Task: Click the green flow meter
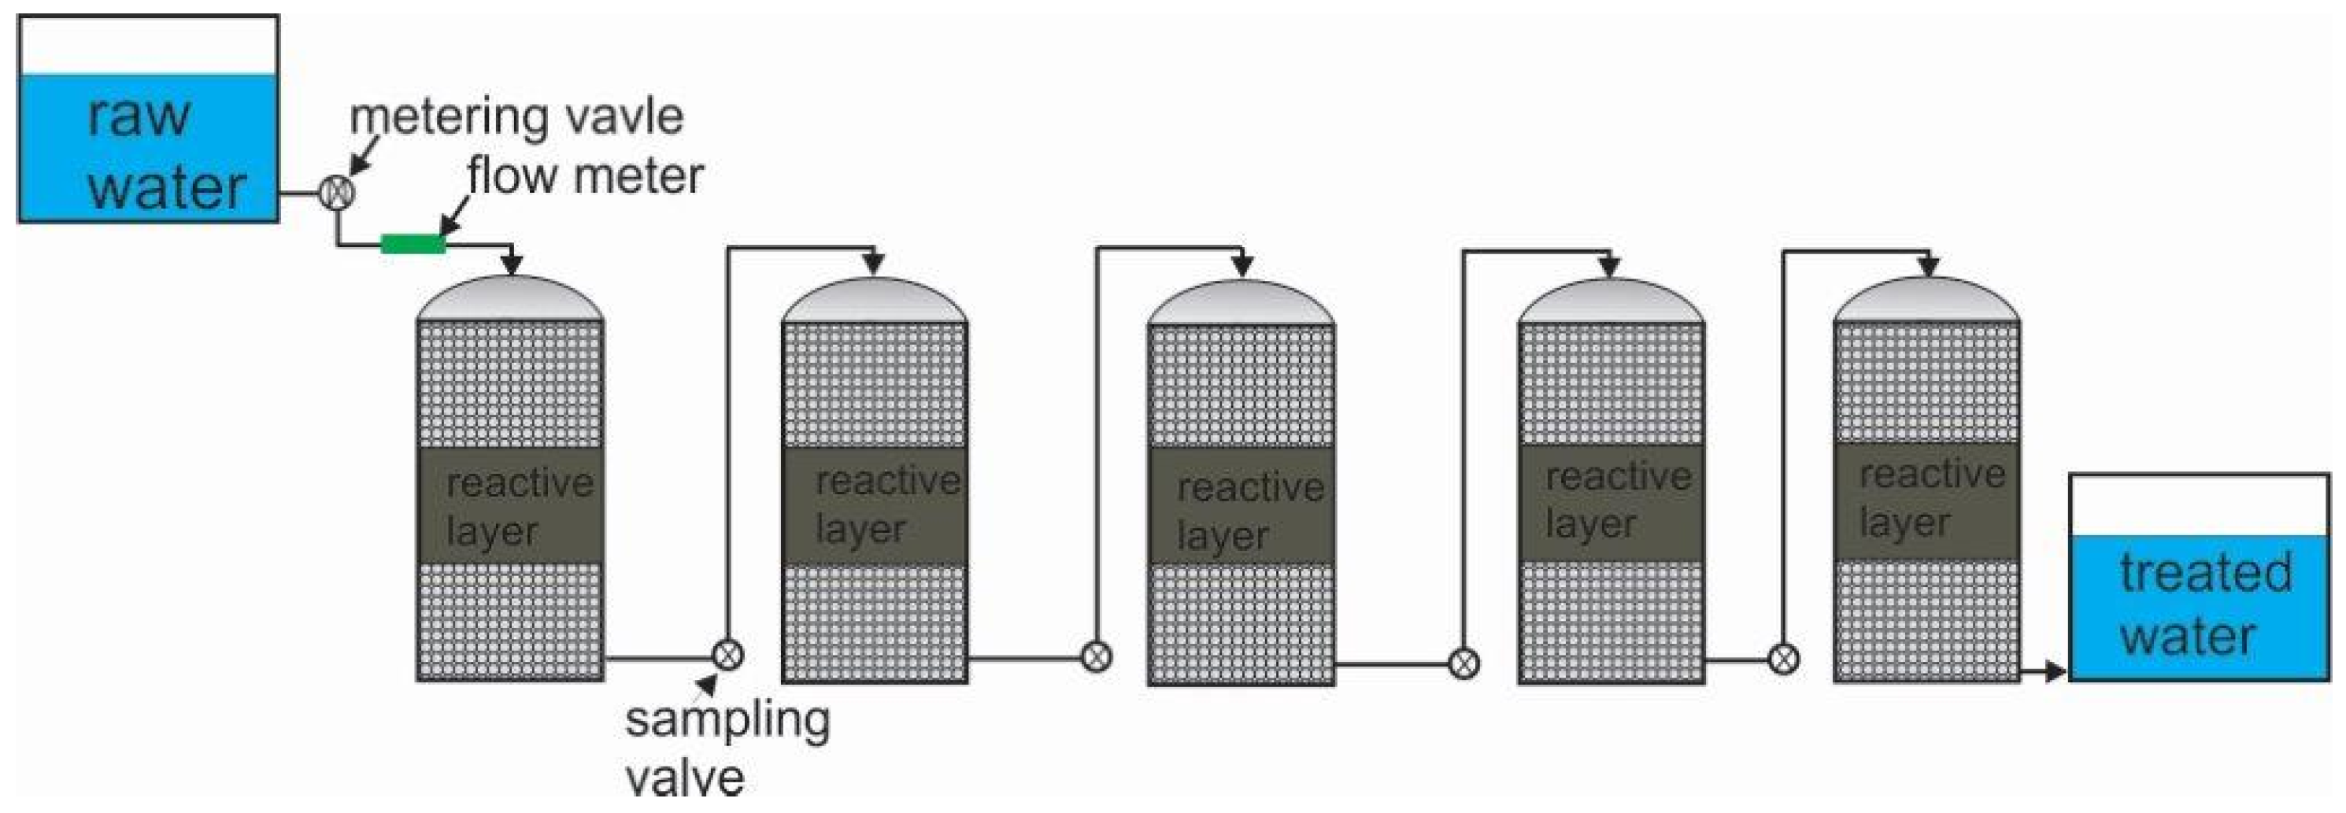tap(413, 244)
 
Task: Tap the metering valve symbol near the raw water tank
tap(337, 193)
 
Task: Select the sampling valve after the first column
tap(727, 655)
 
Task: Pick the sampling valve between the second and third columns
tap(1097, 656)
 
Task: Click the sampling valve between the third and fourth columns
tap(1463, 663)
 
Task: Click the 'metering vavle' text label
tap(516, 117)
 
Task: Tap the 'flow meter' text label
tap(586, 176)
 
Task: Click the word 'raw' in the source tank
tap(139, 116)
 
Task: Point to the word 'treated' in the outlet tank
tap(2206, 573)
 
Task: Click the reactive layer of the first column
tap(510, 505)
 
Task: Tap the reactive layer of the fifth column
tap(1926, 499)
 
